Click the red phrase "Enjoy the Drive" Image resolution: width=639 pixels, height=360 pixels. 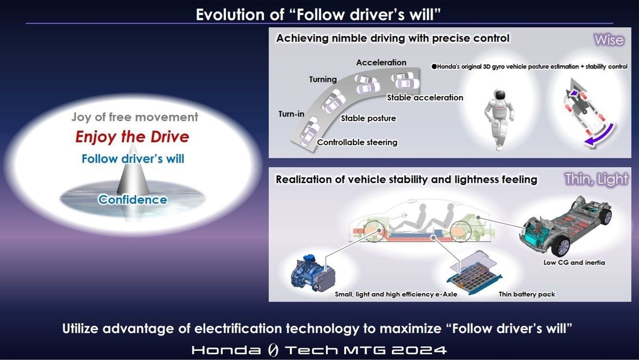coord(132,137)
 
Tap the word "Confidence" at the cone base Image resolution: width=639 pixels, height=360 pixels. coord(133,200)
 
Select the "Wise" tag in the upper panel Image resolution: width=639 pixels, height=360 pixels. coord(609,40)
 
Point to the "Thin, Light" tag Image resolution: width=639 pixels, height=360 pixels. coord(597,179)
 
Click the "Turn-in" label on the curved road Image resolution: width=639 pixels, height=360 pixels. coord(291,114)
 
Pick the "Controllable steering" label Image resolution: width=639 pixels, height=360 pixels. coord(357,142)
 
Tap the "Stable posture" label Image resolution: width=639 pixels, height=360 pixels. coord(368,118)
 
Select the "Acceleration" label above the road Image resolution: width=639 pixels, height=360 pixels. coord(381,62)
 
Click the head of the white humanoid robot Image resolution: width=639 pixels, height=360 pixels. coord(500,95)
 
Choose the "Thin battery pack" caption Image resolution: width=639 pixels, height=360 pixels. coord(527,294)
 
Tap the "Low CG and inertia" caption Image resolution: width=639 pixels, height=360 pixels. coord(574,262)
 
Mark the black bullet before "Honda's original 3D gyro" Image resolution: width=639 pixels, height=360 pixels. coord(434,67)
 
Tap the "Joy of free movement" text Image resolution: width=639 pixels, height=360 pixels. coord(135,117)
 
